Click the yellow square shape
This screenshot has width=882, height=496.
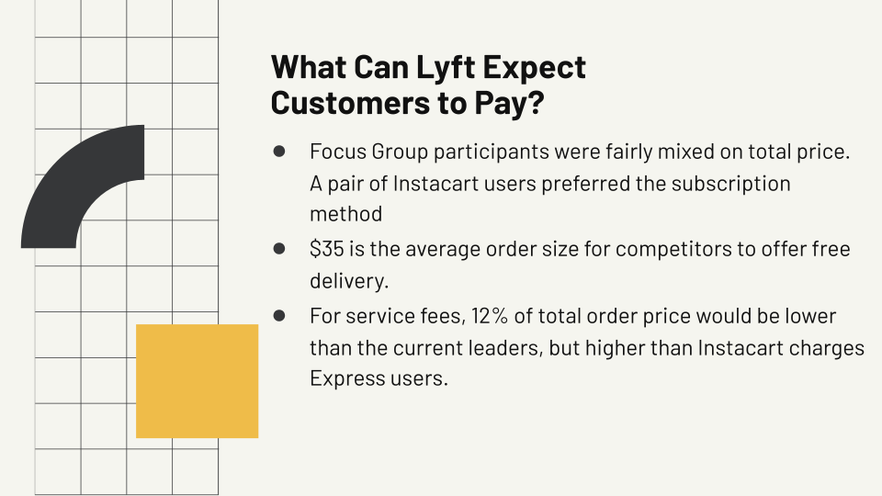click(x=197, y=380)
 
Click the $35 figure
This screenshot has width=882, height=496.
click(x=327, y=249)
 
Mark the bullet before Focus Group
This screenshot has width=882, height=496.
click(x=279, y=151)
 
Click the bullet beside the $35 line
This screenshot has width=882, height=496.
click(x=279, y=248)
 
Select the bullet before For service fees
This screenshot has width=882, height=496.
click(x=279, y=315)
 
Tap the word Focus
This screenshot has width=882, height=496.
click(x=336, y=152)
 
